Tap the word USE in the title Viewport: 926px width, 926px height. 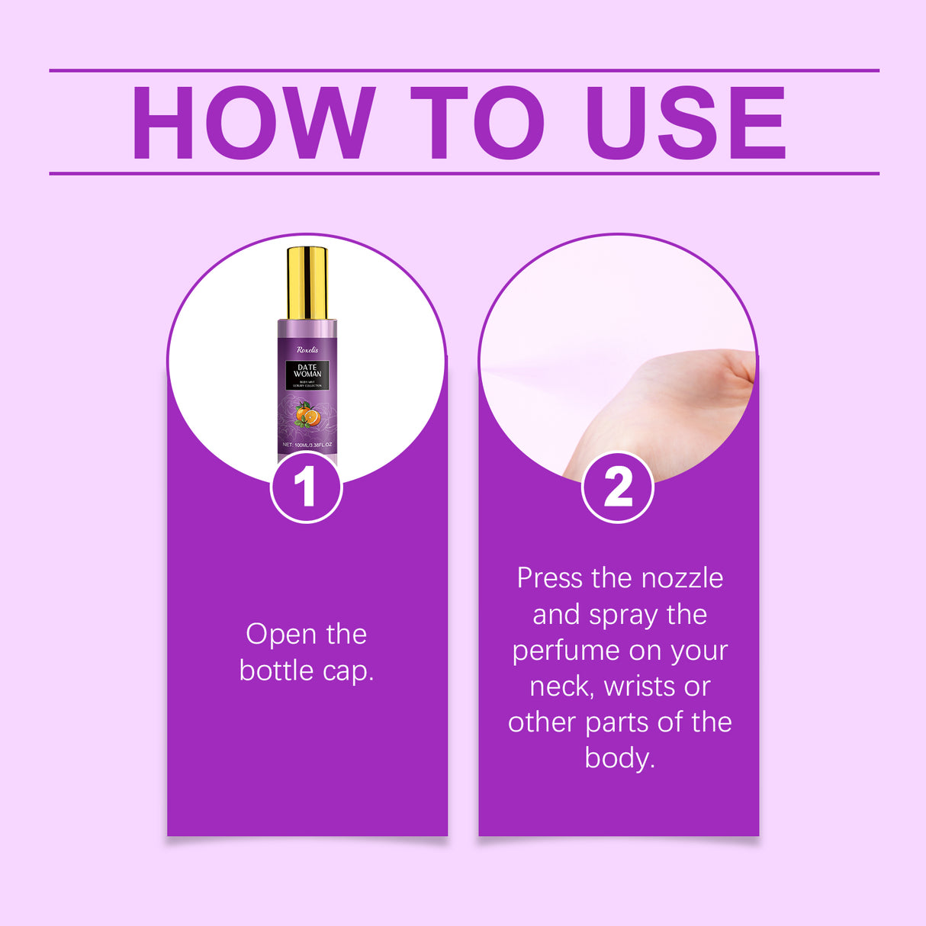(686, 123)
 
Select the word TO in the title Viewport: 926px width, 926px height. (477, 123)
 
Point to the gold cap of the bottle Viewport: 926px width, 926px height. (307, 282)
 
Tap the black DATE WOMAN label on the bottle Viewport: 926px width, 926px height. (307, 375)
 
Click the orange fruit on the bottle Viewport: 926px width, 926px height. (307, 416)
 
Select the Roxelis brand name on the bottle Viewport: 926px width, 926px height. (307, 349)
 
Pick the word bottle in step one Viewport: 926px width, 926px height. (277, 670)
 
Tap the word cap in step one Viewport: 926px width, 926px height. (347, 671)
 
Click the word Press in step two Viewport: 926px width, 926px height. (549, 578)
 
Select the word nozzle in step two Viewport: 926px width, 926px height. (682, 578)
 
